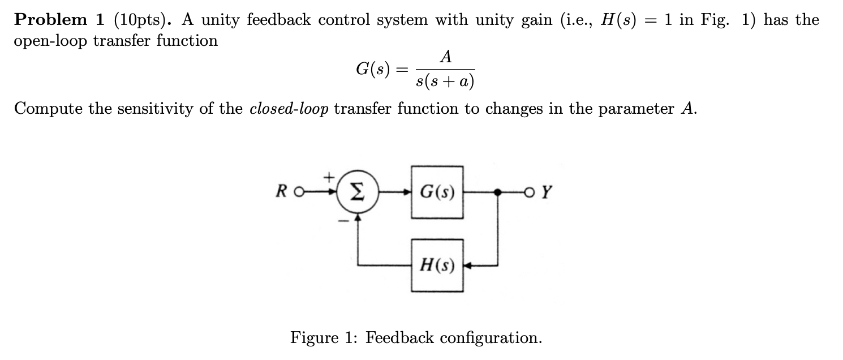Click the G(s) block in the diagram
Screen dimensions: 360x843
[x=437, y=192]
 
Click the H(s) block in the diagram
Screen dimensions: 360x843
[x=437, y=265]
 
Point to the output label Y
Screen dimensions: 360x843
[x=546, y=192]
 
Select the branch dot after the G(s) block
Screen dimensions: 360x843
[x=497, y=192]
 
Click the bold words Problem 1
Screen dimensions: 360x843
[x=59, y=20]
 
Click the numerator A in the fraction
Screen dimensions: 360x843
[x=446, y=57]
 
